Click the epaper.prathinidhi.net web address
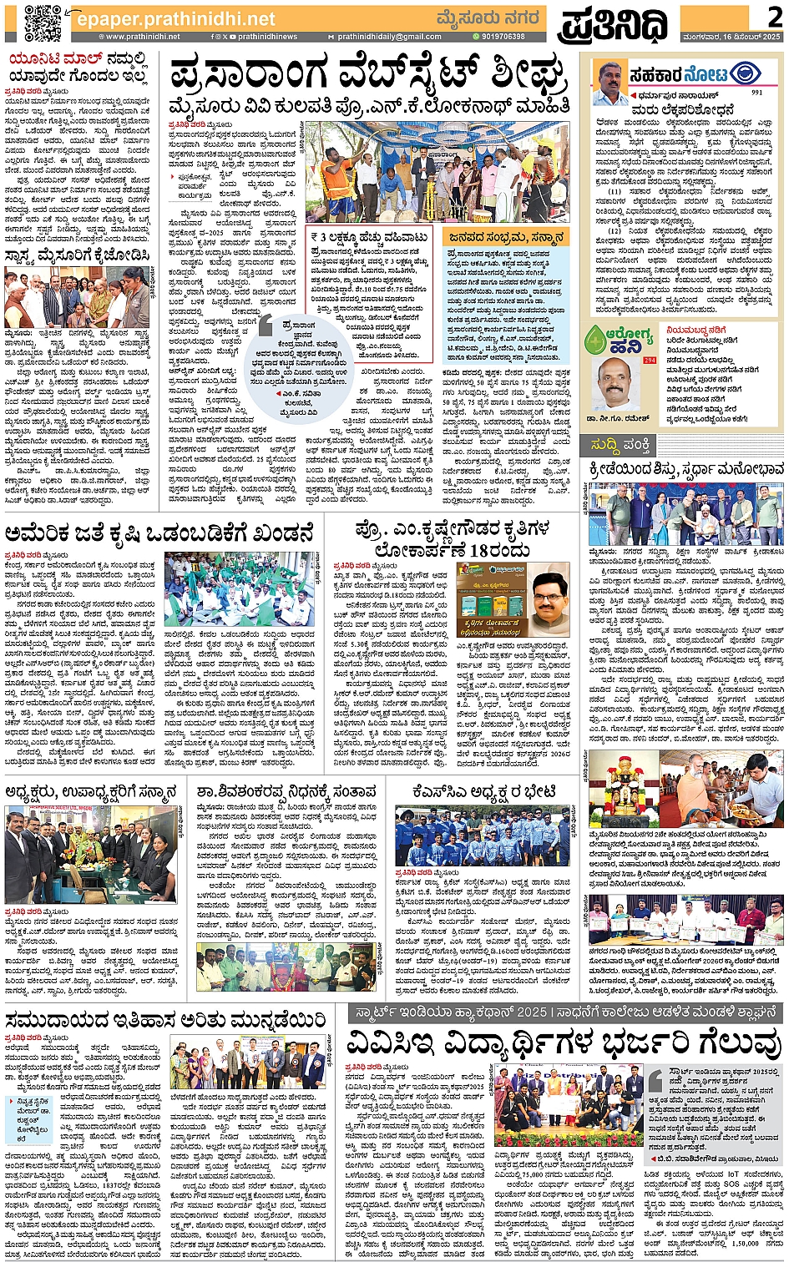[x=174, y=18]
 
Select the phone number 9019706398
[x=498, y=37]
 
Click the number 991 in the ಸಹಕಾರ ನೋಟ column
[x=756, y=93]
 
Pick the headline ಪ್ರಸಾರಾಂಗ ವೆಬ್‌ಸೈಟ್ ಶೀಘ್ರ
[x=367, y=77]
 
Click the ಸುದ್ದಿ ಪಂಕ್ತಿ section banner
[x=620, y=442]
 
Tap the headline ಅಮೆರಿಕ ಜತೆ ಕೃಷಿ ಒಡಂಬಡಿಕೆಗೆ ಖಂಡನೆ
[x=159, y=533]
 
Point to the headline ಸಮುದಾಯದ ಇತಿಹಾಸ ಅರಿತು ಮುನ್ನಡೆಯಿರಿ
[x=165, y=1020]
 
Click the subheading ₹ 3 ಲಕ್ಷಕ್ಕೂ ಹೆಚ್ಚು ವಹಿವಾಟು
[x=369, y=238]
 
